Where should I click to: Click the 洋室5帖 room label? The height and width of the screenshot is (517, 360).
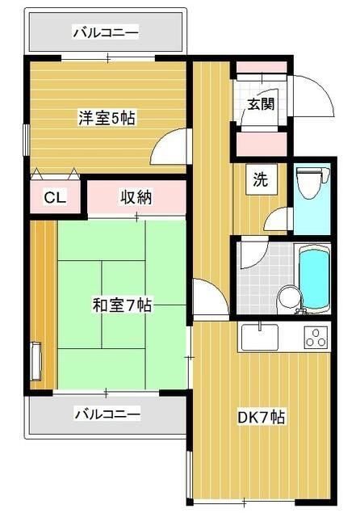106,118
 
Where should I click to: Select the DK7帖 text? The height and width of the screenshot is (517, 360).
260,418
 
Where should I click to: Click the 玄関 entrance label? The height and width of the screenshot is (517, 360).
260,104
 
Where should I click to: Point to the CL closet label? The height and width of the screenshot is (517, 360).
55,197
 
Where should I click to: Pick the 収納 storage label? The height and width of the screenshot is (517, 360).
136,195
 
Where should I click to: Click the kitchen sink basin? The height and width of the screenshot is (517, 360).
259,334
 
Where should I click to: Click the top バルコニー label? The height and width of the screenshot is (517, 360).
106,33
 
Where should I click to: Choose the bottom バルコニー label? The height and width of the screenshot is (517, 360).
106,414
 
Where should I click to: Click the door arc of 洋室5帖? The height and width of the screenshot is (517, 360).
171,147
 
